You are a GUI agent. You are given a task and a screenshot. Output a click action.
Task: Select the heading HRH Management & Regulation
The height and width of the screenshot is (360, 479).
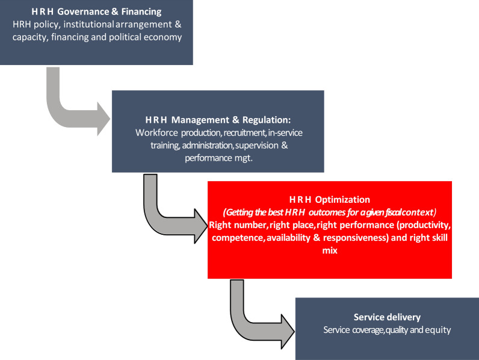tap(218, 119)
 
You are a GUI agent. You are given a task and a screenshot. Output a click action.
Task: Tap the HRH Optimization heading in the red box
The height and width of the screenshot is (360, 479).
tap(329, 199)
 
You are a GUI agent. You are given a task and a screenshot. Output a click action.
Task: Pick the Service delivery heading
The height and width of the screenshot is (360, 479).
tap(387, 317)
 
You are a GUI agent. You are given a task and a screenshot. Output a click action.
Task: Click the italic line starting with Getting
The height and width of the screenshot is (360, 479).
tap(329, 212)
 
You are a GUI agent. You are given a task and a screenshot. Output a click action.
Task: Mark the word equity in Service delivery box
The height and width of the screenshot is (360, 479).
tap(438, 330)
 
